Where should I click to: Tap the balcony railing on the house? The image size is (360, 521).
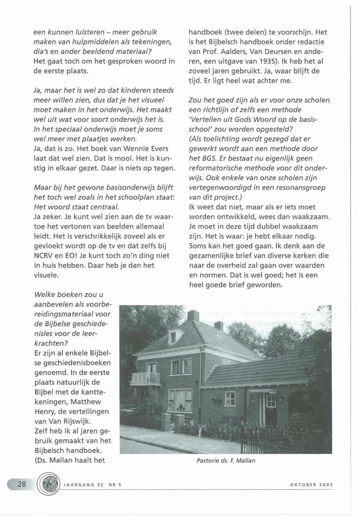146,378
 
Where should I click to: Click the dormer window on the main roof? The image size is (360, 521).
173,337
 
